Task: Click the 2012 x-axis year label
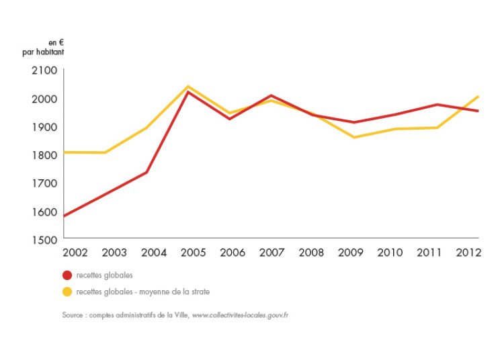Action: click(467, 253)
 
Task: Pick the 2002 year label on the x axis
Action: click(75, 253)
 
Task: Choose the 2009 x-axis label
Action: click(351, 253)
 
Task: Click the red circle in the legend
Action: click(67, 275)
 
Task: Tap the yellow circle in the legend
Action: click(67, 291)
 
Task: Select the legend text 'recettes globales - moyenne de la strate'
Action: click(143, 291)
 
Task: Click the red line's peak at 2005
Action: click(188, 91)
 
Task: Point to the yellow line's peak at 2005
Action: click(188, 86)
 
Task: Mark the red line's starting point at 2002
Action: click(65, 216)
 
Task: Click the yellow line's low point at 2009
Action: click(354, 137)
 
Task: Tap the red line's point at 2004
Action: click(146, 172)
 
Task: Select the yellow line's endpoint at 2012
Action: click(478, 97)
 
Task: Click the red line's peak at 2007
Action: click(271, 95)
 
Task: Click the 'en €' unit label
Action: click(56, 42)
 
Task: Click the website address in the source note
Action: click(241, 314)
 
